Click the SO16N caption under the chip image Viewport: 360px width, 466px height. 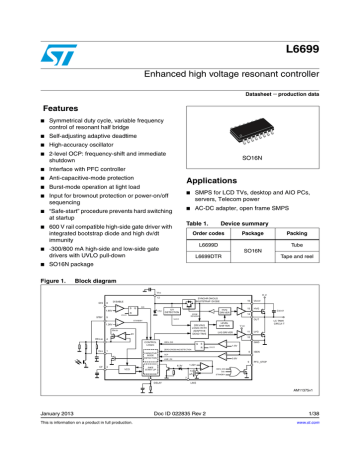pos(264,159)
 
